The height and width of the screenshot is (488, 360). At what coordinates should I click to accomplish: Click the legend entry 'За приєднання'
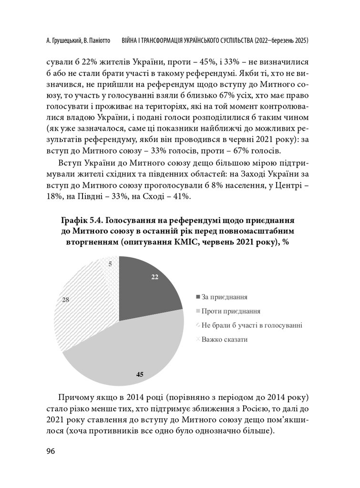point(224,296)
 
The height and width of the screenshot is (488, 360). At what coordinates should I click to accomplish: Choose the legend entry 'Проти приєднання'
point(231,311)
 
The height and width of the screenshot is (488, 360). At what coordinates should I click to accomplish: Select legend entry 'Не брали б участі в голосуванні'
point(252,325)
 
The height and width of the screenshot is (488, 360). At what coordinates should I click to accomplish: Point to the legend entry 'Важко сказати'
point(225,339)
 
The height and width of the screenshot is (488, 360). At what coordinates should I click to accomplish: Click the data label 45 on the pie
point(140,374)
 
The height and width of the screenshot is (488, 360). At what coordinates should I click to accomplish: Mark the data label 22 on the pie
point(154,278)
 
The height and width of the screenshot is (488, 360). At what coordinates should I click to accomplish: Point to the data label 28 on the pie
point(66,300)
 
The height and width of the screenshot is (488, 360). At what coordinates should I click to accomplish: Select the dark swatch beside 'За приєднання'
point(197,296)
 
